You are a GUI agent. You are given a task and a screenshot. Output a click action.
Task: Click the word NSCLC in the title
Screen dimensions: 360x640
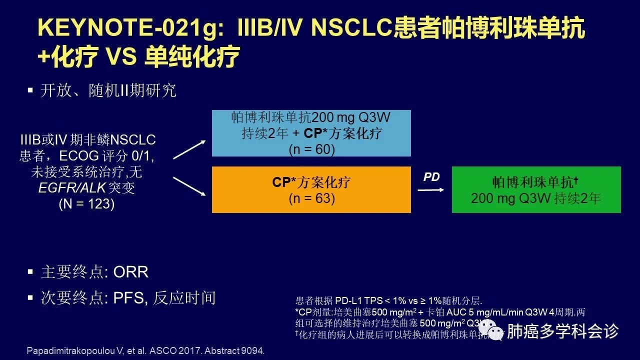coord(350,28)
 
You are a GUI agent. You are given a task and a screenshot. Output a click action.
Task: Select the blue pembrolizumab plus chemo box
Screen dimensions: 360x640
coord(311,133)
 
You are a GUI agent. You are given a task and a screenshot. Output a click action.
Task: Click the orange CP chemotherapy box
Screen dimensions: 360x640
coord(311,189)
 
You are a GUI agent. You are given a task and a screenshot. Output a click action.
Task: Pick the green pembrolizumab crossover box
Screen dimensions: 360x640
coord(536,189)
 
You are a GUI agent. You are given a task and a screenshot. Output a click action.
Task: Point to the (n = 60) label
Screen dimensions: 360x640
coord(311,149)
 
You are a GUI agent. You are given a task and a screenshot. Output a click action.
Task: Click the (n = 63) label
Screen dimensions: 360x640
coord(311,198)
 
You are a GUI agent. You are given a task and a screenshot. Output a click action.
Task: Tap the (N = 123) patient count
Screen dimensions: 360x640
coord(86,204)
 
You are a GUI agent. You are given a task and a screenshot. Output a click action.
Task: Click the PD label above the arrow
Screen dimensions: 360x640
coord(431,177)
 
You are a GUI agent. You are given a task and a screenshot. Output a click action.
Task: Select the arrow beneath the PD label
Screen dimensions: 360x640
coord(431,190)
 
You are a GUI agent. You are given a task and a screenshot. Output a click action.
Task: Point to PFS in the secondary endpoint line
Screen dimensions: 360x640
coord(128,298)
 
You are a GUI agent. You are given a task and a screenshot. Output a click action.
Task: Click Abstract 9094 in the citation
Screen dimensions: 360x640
coord(235,350)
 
